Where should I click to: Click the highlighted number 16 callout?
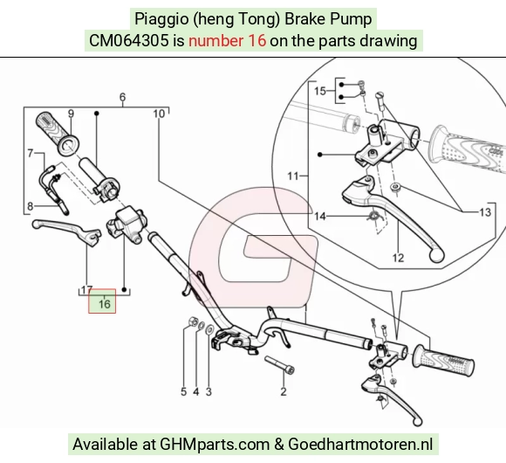104,304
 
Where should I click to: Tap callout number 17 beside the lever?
87,290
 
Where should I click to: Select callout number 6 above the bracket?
122,97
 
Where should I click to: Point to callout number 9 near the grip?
71,114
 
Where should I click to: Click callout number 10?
159,114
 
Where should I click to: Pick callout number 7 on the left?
30,153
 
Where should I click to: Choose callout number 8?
30,206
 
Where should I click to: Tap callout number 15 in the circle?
320,91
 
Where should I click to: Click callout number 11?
292,176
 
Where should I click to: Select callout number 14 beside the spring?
320,216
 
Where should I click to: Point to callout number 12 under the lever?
398,258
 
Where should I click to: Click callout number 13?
485,212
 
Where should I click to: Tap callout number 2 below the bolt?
284,391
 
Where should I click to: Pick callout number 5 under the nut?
183,392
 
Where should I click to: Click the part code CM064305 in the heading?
129,41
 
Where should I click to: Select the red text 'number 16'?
227,41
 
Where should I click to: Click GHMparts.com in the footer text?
215,445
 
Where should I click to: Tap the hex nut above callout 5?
193,321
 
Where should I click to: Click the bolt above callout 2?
280,365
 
